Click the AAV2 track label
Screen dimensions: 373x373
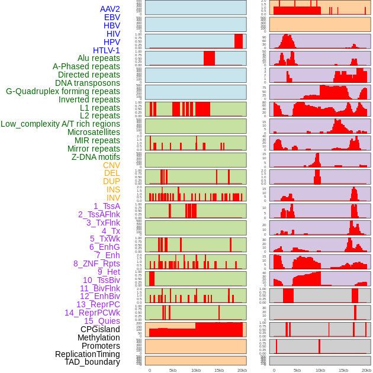coord(110,9)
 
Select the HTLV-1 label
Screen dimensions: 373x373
coord(107,50)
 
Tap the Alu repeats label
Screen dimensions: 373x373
coord(99,58)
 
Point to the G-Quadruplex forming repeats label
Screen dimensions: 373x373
coord(63,91)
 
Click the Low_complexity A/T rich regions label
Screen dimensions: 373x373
coord(60,124)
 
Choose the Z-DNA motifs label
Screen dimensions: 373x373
coord(96,157)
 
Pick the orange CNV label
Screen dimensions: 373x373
coord(111,165)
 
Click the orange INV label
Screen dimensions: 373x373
coord(113,198)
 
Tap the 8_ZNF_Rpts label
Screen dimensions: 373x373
coord(97,263)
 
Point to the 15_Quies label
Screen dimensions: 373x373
coord(101,321)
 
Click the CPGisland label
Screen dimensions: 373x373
coord(100,329)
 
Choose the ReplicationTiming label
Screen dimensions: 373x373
coord(88,354)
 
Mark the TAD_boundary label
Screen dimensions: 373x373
coord(92,362)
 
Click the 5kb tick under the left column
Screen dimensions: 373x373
coord(173,370)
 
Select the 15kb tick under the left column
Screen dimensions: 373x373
coord(219,370)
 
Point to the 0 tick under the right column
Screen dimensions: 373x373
coord(274,370)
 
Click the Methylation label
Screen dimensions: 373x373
coord(99,337)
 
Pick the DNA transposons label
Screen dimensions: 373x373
coord(88,83)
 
